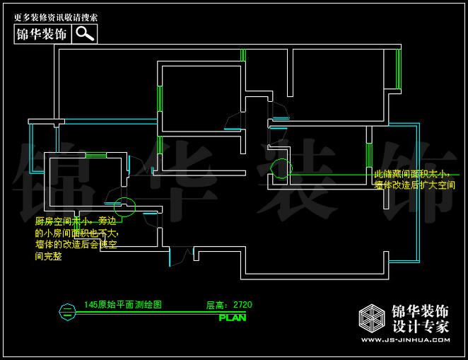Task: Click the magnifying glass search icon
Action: tap(85, 34)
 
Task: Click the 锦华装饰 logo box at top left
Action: tap(42, 34)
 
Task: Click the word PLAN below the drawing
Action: tap(233, 318)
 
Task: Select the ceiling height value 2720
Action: tap(242, 305)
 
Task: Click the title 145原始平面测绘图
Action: tap(122, 305)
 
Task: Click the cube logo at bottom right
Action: tap(372, 319)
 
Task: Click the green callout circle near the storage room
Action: tap(281, 168)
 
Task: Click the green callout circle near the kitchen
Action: tap(124, 205)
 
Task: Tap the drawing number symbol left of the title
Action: tap(66, 308)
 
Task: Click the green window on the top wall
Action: tap(242, 55)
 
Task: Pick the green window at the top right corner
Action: tap(398, 69)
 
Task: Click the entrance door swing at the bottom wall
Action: tap(181, 255)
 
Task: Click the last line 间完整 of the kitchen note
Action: tap(49, 256)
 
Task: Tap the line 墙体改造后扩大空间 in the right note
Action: tap(414, 185)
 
